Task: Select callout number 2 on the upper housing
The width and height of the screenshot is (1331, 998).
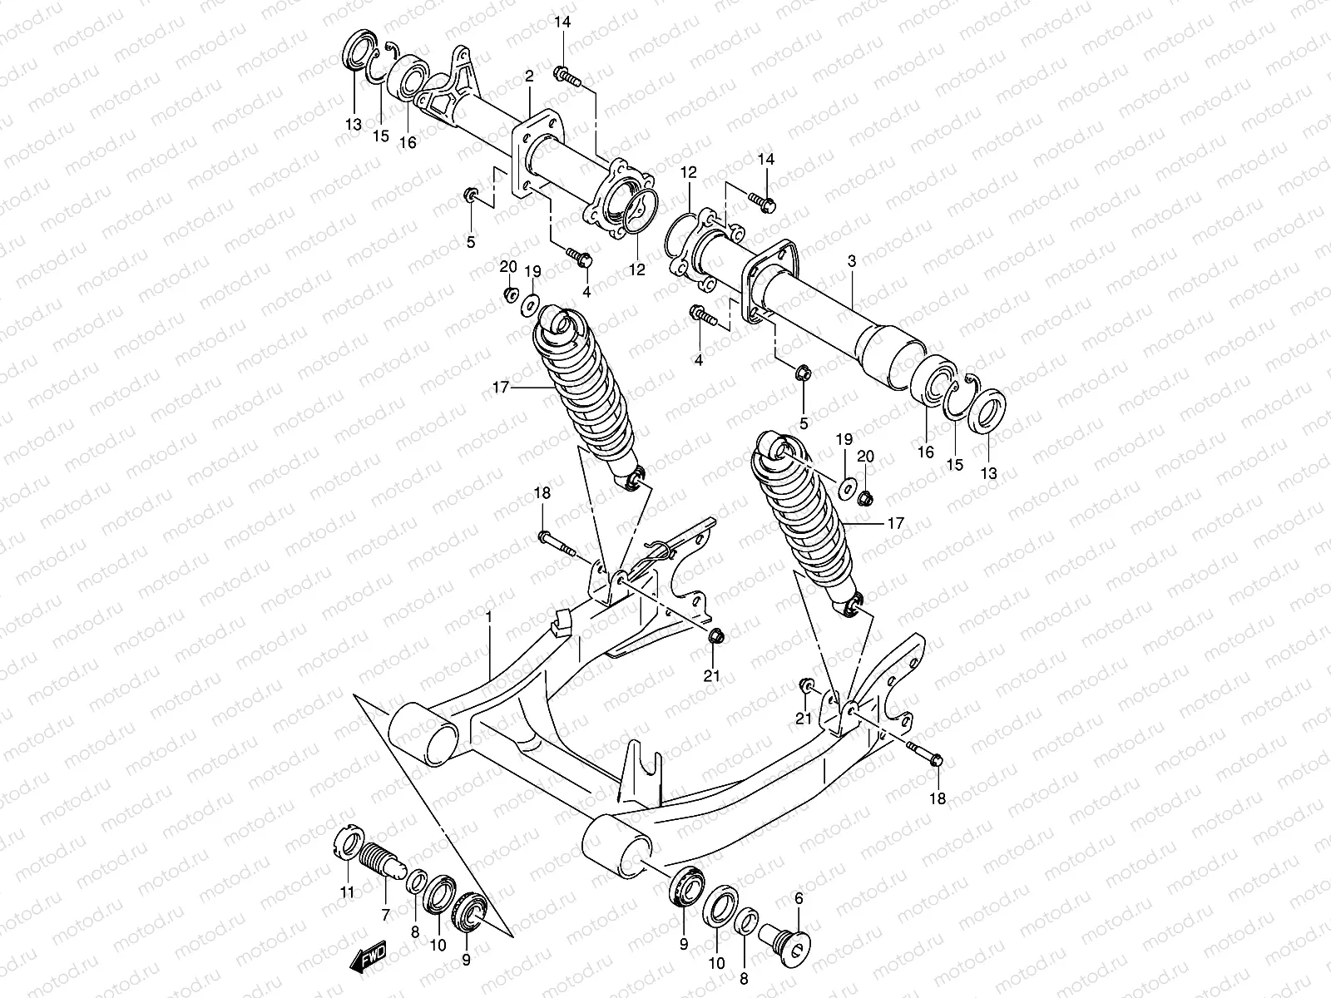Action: click(x=529, y=77)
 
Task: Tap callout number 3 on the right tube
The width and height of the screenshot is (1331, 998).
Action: click(x=851, y=261)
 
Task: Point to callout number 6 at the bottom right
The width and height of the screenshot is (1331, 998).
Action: click(x=799, y=898)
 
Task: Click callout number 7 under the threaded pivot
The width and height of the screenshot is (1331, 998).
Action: click(x=385, y=916)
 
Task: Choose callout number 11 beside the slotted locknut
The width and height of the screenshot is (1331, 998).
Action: click(x=347, y=892)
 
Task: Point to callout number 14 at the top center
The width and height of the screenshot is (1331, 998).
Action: click(x=563, y=22)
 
